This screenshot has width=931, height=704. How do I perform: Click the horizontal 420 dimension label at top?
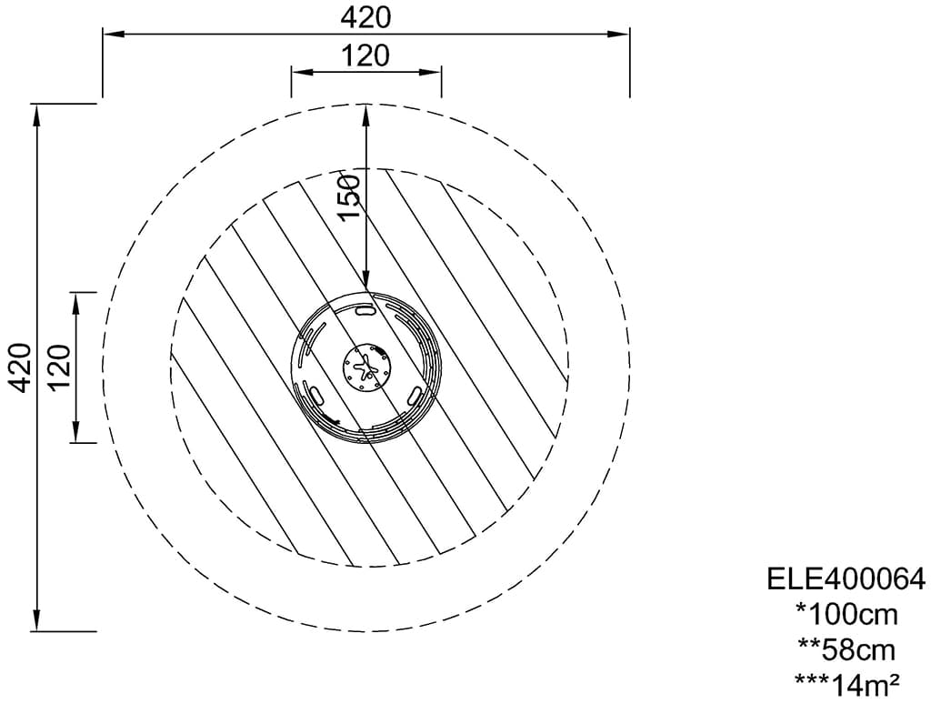click(x=365, y=18)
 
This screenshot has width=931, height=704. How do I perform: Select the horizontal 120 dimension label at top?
click(x=365, y=55)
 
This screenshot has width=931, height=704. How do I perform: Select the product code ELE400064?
click(x=846, y=578)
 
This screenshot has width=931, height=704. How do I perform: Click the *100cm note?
click(x=846, y=614)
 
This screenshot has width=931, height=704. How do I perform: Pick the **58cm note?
click(x=846, y=650)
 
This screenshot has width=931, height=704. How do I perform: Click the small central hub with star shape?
click(x=366, y=368)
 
